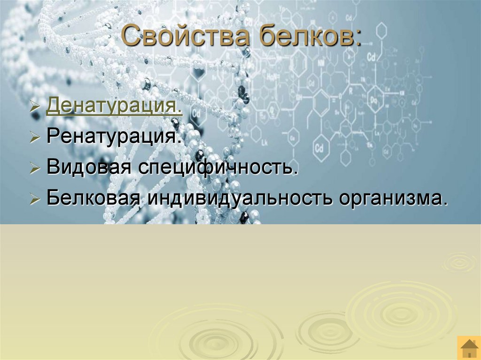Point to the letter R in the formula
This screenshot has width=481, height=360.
pos(349,90)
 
